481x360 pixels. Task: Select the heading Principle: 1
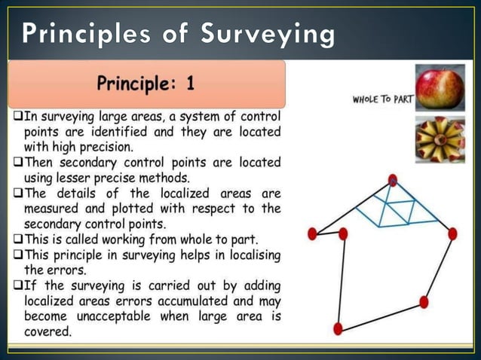tap(146, 84)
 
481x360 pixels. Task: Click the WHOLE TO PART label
tap(382, 99)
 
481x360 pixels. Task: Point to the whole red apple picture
tap(440, 87)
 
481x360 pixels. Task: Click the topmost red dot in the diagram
tap(393, 180)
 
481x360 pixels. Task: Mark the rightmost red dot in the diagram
tap(452, 234)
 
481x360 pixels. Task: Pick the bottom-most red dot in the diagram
tap(338, 329)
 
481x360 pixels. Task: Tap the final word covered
tap(48, 332)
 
